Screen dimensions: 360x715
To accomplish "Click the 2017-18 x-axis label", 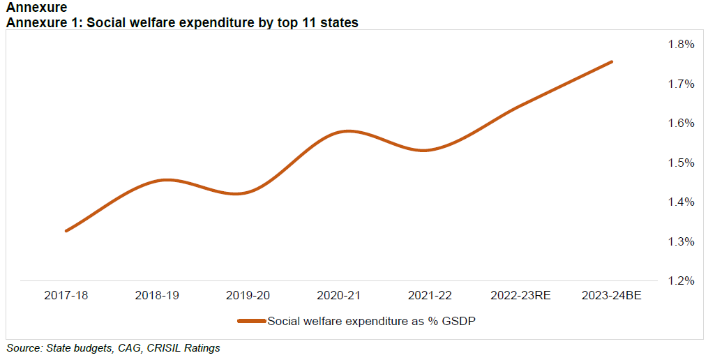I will coord(66,296).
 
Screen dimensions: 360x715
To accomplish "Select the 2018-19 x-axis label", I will coord(157,296).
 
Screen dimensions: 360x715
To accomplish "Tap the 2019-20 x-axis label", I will coord(248,296).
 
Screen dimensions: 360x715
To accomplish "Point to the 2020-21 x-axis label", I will coord(338,296).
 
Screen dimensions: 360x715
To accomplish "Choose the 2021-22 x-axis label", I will coord(430,296).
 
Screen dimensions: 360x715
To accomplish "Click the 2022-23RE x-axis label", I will coord(520,296).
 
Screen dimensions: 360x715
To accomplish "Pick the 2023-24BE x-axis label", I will coord(611,296).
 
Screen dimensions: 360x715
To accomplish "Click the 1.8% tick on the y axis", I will coord(681,45).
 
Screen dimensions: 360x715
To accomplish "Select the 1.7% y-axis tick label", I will coord(681,84).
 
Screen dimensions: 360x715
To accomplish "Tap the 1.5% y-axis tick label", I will coord(681,163).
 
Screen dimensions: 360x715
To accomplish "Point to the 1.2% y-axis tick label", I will coord(681,281).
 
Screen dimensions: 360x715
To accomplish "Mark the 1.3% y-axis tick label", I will coord(681,242).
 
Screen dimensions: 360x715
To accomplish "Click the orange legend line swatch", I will coord(251,321).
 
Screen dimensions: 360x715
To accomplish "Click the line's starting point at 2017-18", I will coord(66,231).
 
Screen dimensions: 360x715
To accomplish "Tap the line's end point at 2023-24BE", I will coord(612,61).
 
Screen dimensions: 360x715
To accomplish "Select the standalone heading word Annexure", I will coord(36,8).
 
